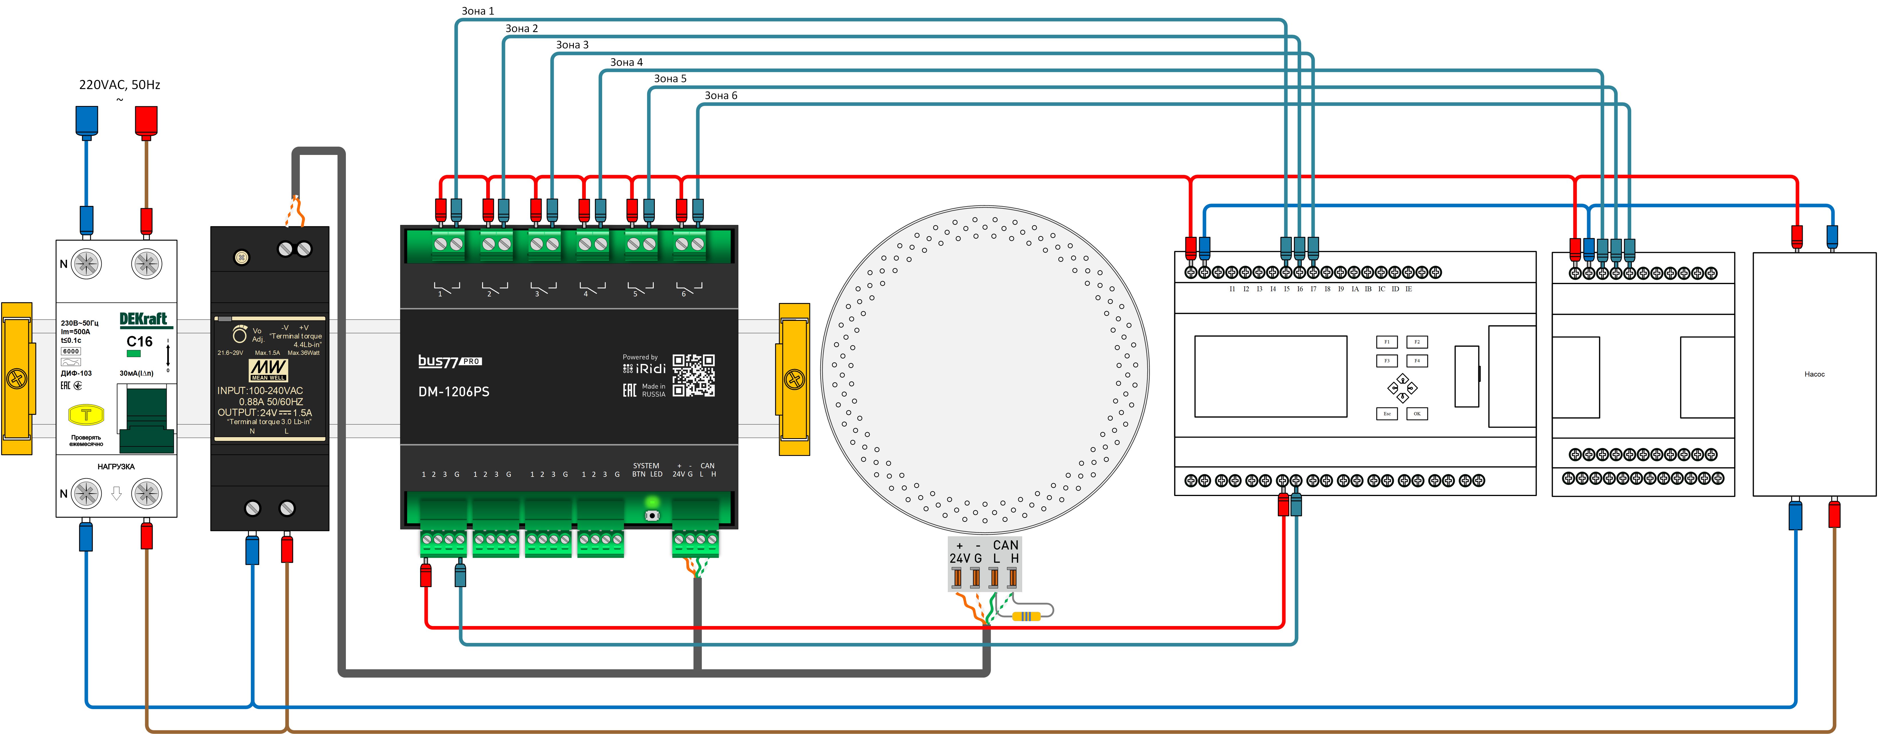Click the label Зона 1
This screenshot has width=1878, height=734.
click(478, 11)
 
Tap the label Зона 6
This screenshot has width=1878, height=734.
click(720, 95)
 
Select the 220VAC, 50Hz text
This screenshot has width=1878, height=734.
click(120, 84)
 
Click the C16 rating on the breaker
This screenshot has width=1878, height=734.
click(139, 341)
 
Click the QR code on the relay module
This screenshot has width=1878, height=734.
click(693, 375)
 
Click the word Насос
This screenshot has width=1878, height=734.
click(1814, 374)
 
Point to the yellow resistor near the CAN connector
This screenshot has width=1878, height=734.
click(1026, 616)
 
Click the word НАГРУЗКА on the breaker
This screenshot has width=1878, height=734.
click(116, 467)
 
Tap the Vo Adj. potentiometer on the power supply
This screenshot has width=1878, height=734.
click(240, 334)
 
